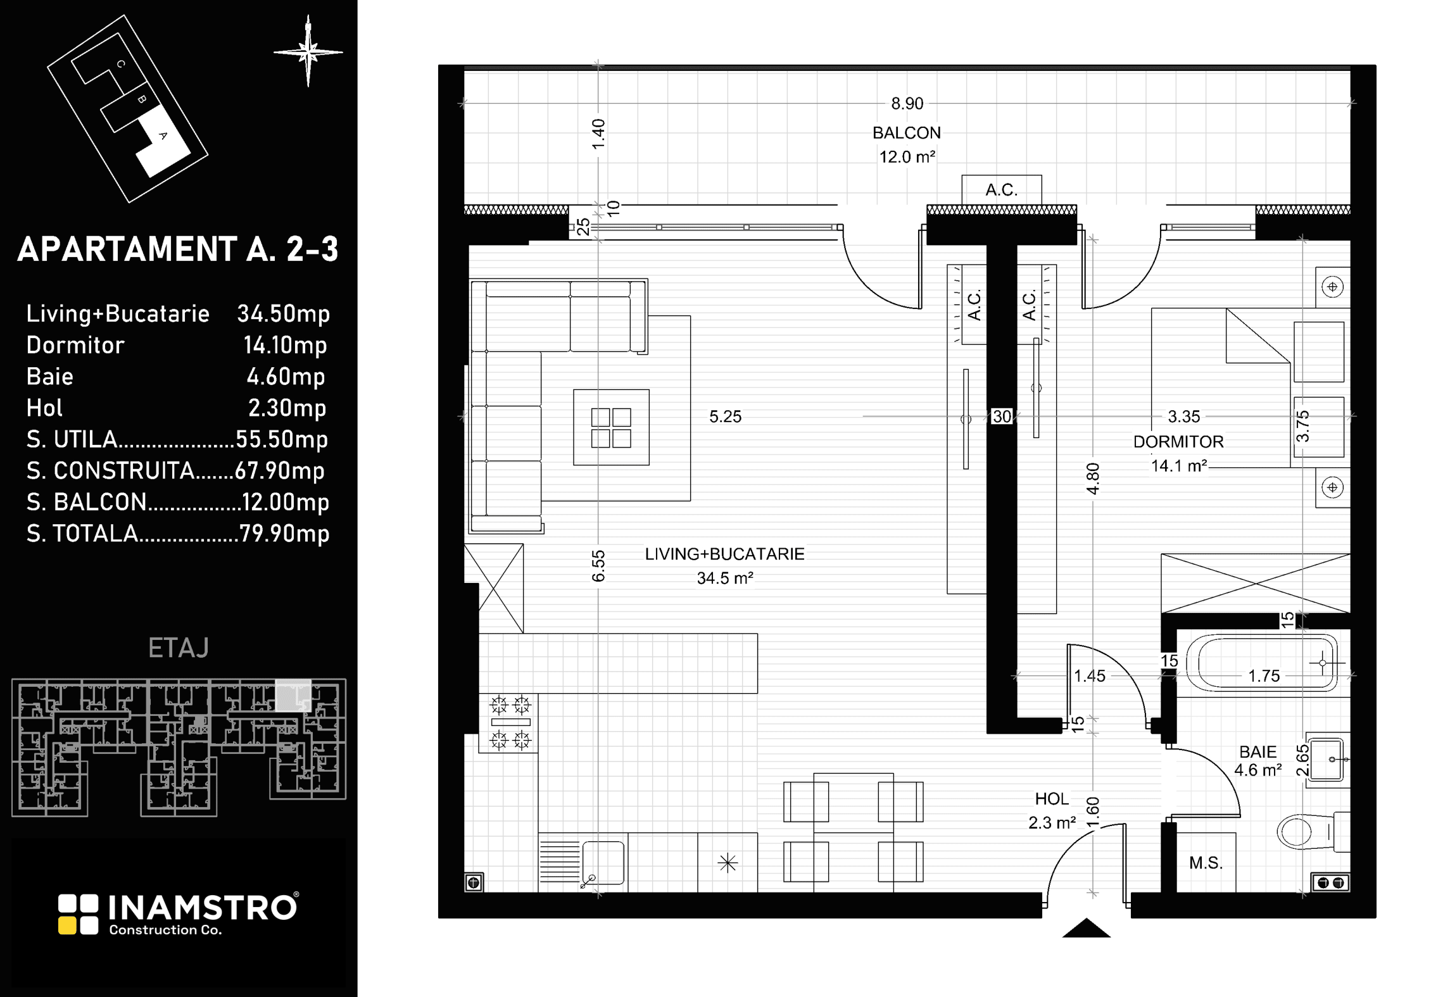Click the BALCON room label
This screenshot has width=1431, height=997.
click(x=906, y=133)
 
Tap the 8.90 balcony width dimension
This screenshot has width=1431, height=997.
click(x=907, y=103)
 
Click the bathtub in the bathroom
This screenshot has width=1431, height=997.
click(x=1261, y=663)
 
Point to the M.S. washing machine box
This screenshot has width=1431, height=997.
click(x=1206, y=862)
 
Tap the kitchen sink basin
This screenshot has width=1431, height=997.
click(x=603, y=862)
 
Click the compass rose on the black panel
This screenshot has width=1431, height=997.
click(x=308, y=51)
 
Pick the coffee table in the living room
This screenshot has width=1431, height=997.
click(x=611, y=427)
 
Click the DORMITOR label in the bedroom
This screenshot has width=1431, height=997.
click(x=1178, y=442)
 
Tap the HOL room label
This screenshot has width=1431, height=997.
click(x=1052, y=799)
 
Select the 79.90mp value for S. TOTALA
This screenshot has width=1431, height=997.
click(x=284, y=534)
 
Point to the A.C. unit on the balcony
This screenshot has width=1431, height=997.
click(x=1001, y=190)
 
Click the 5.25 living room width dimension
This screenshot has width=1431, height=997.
click(x=725, y=417)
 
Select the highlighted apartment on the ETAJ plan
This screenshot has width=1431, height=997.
click(x=293, y=696)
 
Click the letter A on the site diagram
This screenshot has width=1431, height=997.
click(x=163, y=135)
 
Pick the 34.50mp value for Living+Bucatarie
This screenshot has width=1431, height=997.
click(x=284, y=314)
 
